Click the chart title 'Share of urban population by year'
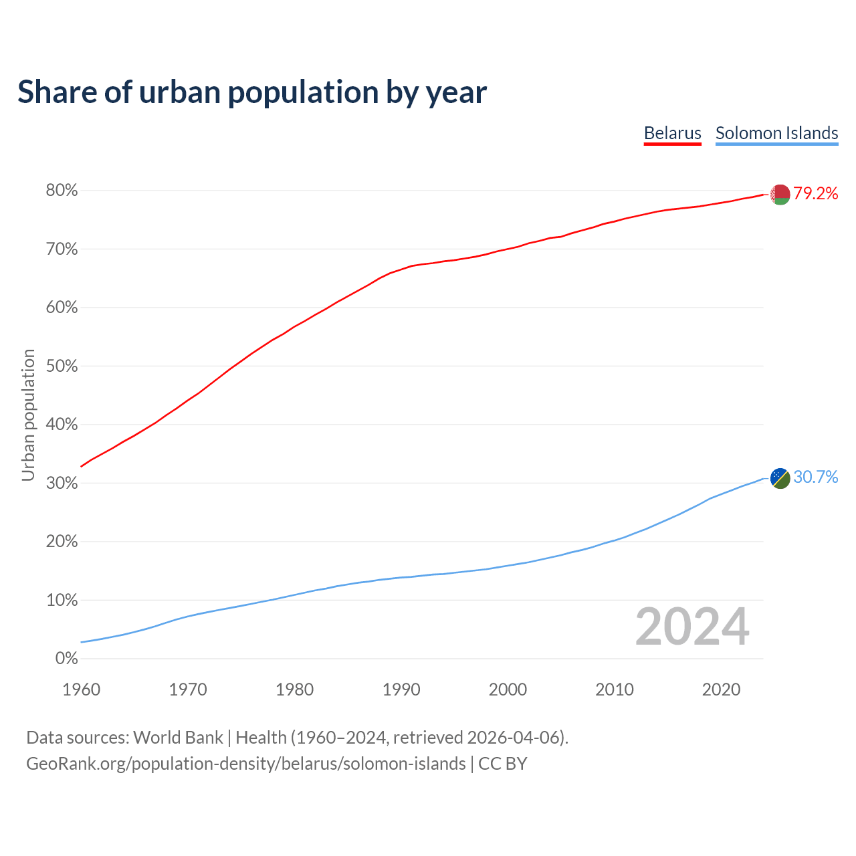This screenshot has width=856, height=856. tap(252, 92)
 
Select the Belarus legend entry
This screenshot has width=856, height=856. tap(672, 133)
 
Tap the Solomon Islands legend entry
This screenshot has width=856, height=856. tap(776, 133)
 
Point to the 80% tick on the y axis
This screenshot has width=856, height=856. tap(62, 191)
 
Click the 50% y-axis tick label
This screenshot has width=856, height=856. tap(62, 366)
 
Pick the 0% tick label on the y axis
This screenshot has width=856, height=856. tap(66, 659)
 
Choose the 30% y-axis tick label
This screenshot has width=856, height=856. tap(62, 484)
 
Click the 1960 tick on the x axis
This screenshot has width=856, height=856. tap(81, 689)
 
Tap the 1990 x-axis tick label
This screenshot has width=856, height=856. tap(401, 689)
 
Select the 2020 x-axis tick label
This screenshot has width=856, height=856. tap(721, 689)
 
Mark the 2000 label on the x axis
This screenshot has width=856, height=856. tap(508, 689)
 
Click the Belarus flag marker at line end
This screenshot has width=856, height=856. tap(780, 195)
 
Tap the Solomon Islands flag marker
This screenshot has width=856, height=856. tap(780, 478)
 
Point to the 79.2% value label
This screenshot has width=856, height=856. tap(816, 194)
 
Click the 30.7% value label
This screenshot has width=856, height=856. tap(816, 477)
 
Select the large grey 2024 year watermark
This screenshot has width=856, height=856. tap(692, 627)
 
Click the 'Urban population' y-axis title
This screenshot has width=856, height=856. tap(28, 415)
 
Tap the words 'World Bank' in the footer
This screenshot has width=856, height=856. tap(178, 738)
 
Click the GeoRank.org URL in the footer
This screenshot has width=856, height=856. tap(245, 764)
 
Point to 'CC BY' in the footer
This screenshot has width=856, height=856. tap(503, 764)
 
